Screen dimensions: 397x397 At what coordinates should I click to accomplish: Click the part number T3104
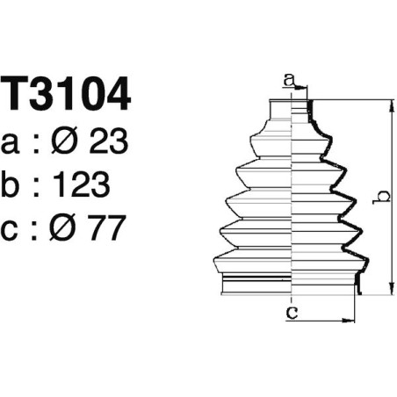tap(67, 95)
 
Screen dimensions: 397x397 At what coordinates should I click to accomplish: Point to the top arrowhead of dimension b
tap(388, 105)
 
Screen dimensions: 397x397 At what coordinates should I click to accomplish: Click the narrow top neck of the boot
tap(290, 110)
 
